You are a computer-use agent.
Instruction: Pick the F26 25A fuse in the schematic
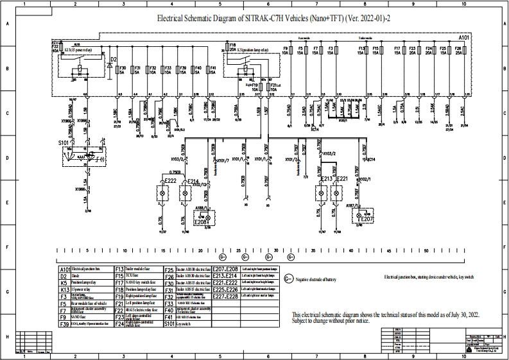coord(458,51)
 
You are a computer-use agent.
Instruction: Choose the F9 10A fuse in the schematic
coord(285,51)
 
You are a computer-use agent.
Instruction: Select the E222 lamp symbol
coord(162,191)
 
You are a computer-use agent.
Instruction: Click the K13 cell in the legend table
coord(64,290)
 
